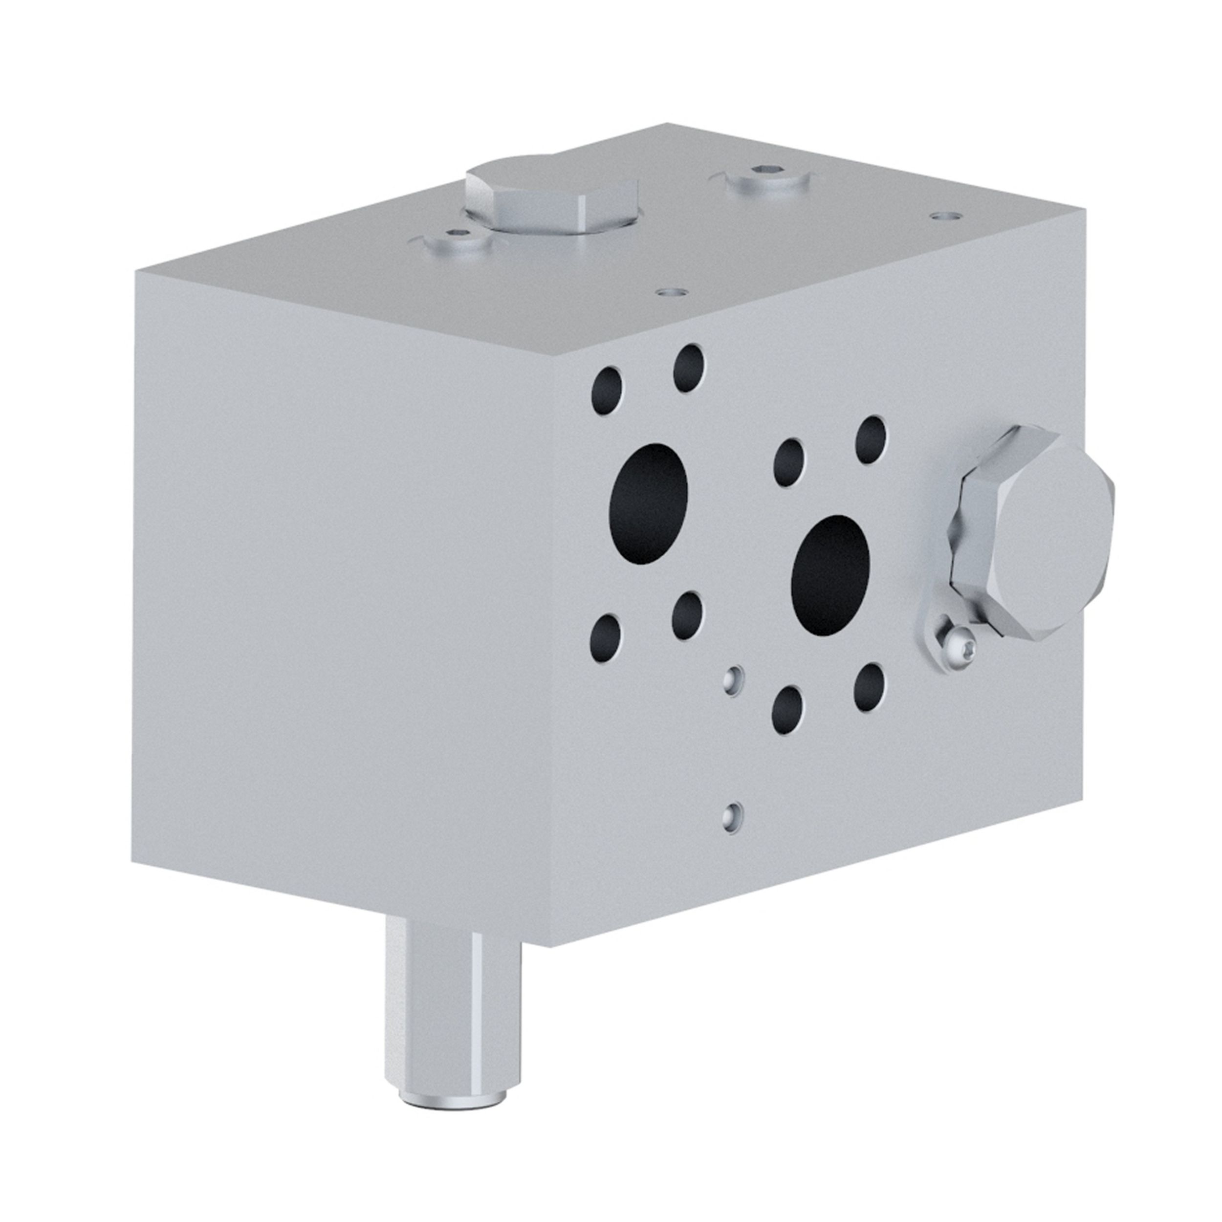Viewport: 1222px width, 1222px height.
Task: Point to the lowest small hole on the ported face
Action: [732, 815]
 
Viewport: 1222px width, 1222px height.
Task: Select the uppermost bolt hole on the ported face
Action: [689, 368]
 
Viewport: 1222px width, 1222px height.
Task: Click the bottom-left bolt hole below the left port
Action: [605, 637]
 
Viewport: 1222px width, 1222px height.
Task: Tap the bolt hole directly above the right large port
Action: [789, 462]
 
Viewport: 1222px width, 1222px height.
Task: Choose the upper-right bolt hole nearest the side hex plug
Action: [871, 439]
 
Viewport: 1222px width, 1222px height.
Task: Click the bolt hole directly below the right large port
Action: [787, 710]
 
